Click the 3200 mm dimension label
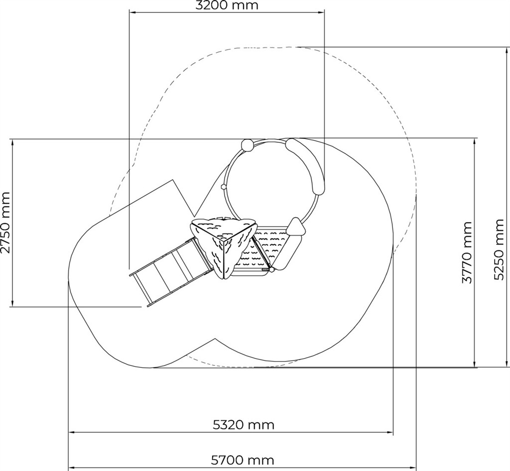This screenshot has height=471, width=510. click(227, 5)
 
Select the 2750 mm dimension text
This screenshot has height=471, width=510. click(5, 223)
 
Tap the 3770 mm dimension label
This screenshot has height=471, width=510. click(467, 252)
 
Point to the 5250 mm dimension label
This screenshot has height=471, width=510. click(499, 249)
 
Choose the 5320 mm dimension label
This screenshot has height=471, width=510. click(244, 425)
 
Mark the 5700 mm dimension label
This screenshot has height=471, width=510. click(243, 460)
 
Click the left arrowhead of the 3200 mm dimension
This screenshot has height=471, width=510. click(132, 12)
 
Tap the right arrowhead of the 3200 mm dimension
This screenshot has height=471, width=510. click(321, 12)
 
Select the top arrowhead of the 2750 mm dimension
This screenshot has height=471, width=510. click(12, 142)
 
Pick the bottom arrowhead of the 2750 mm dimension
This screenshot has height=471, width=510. click(12, 303)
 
